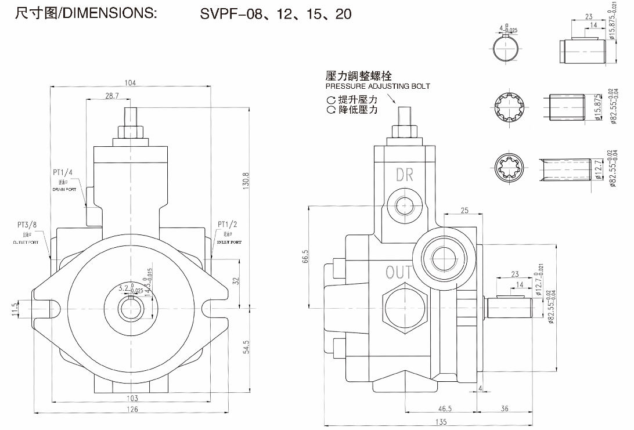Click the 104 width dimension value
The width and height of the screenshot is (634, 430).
tap(130, 83)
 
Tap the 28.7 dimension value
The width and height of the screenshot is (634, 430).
tap(111, 96)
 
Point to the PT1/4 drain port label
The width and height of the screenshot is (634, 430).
tap(63, 172)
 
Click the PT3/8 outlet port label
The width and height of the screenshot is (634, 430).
tap(27, 225)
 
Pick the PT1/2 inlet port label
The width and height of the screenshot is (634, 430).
tap(228, 225)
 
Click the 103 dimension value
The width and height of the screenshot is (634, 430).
tap(132, 398)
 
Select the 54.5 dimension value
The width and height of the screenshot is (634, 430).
tap(246, 346)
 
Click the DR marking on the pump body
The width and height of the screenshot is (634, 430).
tap(405, 174)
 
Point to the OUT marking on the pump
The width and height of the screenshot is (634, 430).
tap(399, 272)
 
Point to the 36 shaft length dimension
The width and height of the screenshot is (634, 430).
tap(504, 409)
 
